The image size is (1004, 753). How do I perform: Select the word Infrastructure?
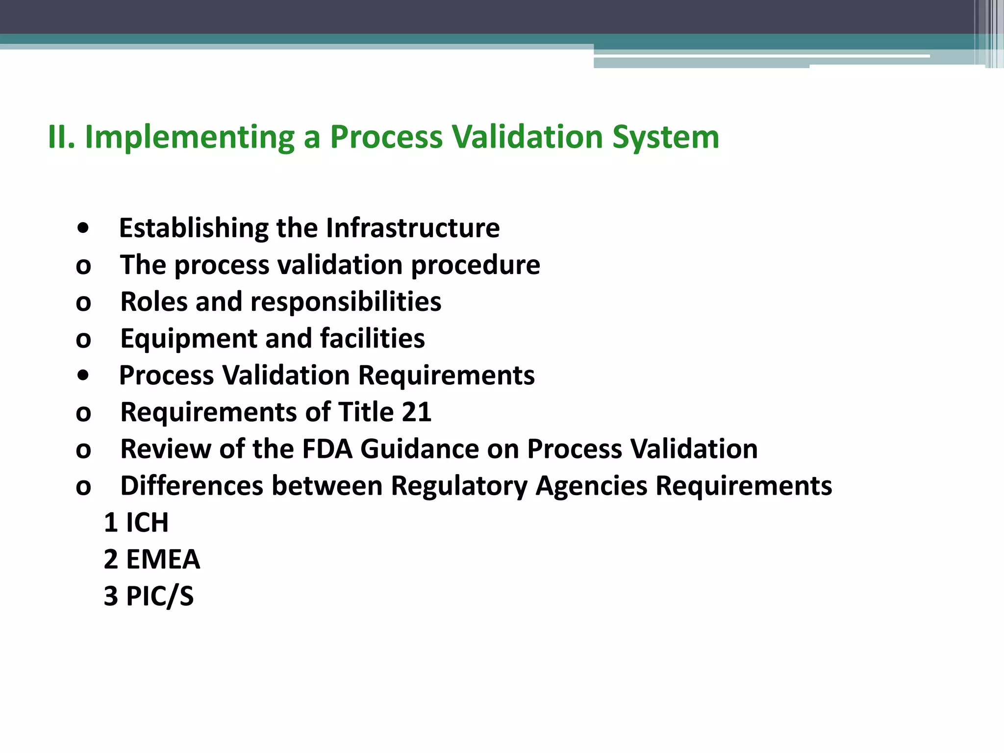(412, 228)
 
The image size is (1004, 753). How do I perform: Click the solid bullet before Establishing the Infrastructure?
(83, 228)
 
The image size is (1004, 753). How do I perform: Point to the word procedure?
(475, 265)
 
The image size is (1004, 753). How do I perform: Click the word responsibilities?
(346, 302)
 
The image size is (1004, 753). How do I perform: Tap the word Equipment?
(189, 339)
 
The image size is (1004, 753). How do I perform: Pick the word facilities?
(372, 339)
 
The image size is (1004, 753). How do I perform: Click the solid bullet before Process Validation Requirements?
(83, 376)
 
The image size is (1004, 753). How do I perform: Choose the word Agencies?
(591, 486)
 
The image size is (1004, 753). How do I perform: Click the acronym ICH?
(147, 523)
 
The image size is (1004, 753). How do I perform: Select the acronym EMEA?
(163, 559)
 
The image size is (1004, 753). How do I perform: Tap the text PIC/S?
(160, 596)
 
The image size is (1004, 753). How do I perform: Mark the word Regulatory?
(459, 486)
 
